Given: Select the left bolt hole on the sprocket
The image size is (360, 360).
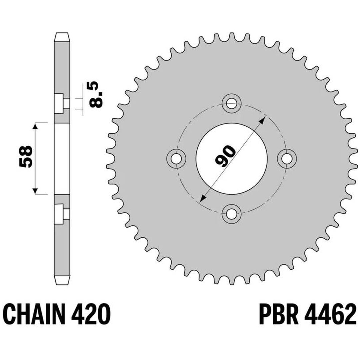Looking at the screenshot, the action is click(x=176, y=158).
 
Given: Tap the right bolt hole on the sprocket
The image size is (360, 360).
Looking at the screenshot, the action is click(x=287, y=158).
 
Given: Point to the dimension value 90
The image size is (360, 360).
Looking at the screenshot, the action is click(x=225, y=156).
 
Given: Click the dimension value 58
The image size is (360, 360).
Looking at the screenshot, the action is click(x=25, y=156).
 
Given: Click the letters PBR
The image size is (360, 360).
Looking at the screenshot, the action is click(x=278, y=314).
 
